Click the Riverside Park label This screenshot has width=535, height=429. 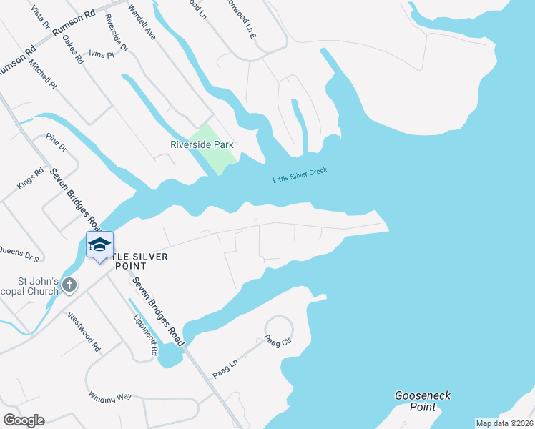pos(202,144)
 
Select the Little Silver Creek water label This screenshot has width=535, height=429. pos(300,176)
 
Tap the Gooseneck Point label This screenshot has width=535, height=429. pos(423,401)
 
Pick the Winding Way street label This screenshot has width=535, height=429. pos(110,396)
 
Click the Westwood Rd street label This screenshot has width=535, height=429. pos(84,332)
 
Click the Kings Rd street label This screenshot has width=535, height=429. pos(31,179)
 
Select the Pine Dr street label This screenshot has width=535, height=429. pos(56,142)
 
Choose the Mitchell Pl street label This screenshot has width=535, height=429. pos(43,74)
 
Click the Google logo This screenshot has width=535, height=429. pos(24,420)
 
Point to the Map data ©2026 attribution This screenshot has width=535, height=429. pos(504,423)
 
